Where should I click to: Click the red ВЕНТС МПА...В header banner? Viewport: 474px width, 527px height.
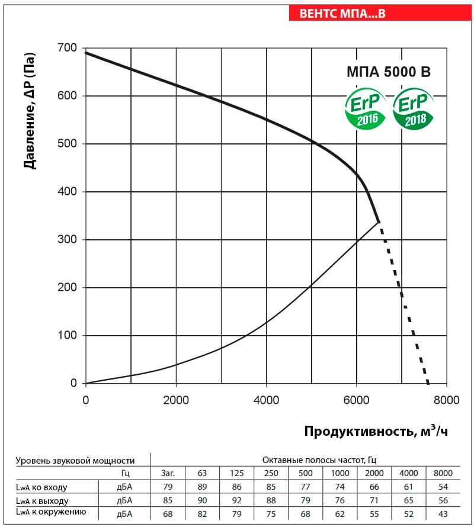click(380, 13)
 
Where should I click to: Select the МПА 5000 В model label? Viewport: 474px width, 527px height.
click(389, 72)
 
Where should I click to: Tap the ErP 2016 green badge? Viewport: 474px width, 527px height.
click(366, 108)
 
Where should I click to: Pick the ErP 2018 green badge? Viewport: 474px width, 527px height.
click(413, 108)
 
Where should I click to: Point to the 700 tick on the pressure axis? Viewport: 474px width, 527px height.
click(68, 48)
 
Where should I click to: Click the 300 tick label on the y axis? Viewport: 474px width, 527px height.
click(68, 239)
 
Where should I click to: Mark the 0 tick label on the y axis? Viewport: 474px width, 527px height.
click(73, 383)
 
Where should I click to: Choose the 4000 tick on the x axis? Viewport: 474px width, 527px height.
click(266, 400)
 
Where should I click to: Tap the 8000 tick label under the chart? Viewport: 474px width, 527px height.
click(446, 400)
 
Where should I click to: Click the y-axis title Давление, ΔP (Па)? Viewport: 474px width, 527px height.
click(30, 111)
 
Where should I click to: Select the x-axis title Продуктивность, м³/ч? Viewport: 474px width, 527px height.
click(376, 431)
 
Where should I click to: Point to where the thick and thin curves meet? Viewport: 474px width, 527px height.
click(379, 222)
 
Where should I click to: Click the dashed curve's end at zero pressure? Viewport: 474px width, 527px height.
click(428, 383)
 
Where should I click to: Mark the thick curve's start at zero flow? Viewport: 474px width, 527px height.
click(86, 53)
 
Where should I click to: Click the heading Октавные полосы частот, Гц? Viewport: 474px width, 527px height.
click(319, 459)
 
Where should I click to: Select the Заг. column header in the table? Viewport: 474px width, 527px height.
click(168, 473)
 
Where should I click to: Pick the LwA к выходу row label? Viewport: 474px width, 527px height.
click(42, 501)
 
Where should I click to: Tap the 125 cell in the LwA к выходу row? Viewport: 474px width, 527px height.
click(236, 500)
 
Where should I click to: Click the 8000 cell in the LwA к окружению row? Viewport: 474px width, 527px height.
click(443, 514)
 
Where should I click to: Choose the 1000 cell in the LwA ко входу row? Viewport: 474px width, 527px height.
click(340, 487)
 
